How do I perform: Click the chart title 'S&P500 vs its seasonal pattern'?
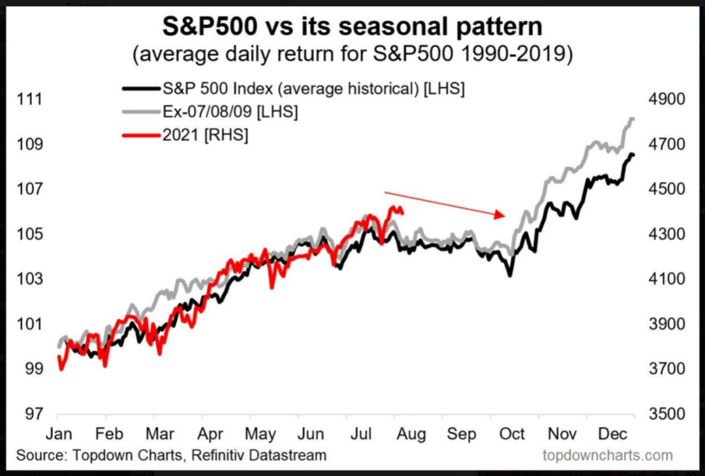(x=352, y=28)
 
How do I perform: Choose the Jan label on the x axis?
(x=59, y=434)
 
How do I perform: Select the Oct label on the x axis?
(x=513, y=434)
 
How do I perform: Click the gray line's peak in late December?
(x=631, y=118)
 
